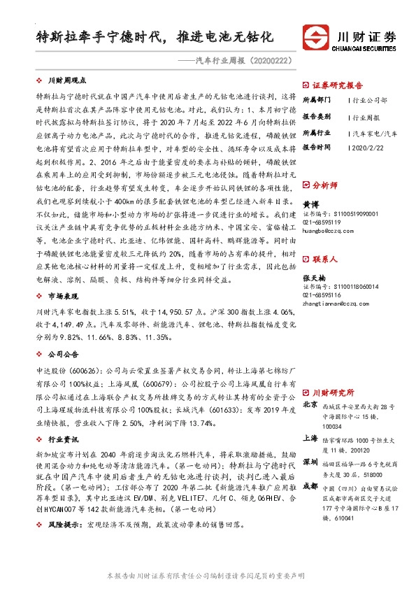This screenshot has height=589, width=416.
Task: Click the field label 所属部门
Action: point(316,100)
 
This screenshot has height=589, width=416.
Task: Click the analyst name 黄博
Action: point(310,204)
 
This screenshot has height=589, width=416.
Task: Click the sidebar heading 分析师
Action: point(324,187)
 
